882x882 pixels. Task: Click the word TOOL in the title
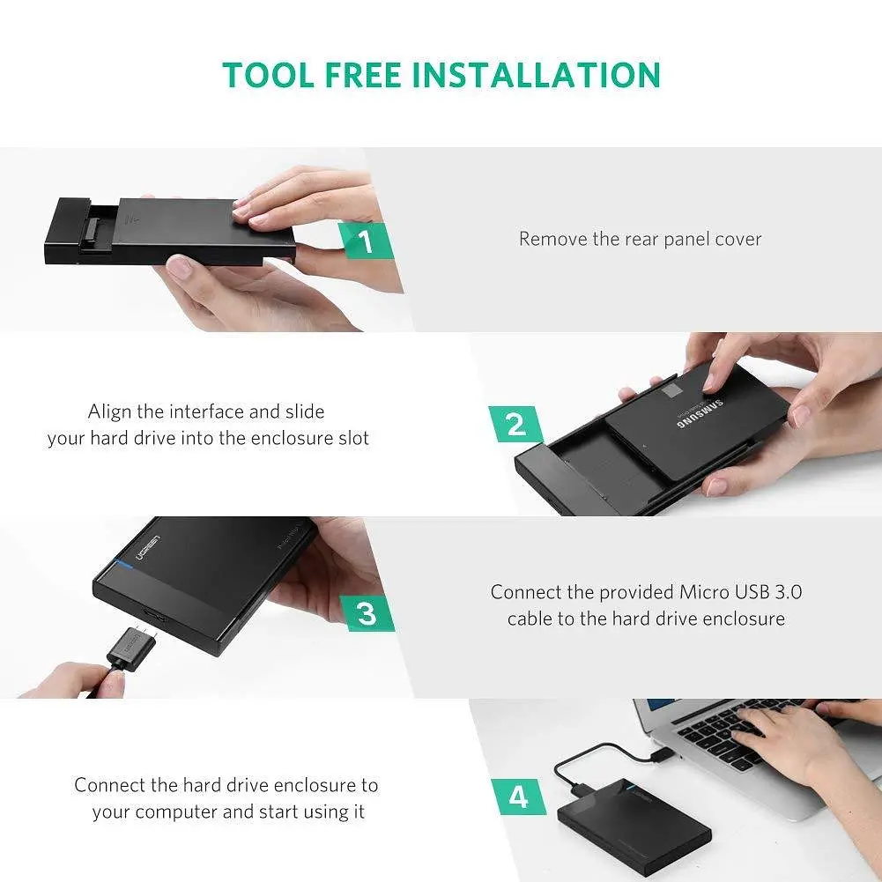coord(269,76)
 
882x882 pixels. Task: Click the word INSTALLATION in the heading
coord(537,76)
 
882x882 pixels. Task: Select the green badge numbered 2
coord(515,424)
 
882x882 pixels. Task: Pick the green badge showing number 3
coord(367,613)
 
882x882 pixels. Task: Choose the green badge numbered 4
coord(518,797)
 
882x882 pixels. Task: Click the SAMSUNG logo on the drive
coord(700,414)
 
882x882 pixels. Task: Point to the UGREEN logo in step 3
coord(147,548)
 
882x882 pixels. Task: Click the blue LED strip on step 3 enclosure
coord(123,564)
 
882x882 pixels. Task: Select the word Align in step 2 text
coord(109,411)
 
